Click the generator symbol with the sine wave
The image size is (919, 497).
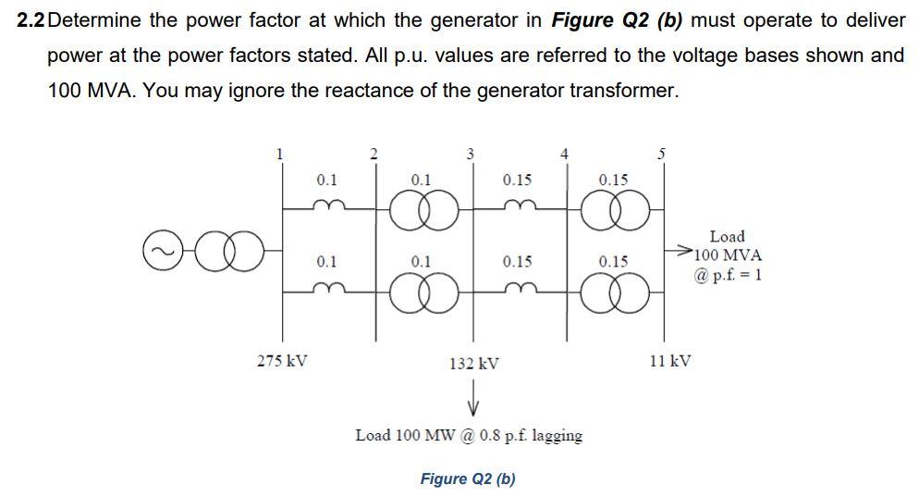(x=160, y=250)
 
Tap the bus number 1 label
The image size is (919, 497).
(x=281, y=154)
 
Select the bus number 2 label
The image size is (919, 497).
(x=374, y=154)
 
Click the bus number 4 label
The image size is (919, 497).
(x=565, y=154)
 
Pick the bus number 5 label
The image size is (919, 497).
(x=660, y=154)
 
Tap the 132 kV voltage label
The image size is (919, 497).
(x=473, y=364)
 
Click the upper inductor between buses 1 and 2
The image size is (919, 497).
(x=326, y=205)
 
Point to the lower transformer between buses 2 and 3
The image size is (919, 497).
(x=422, y=294)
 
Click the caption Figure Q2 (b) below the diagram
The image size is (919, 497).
(x=468, y=478)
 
